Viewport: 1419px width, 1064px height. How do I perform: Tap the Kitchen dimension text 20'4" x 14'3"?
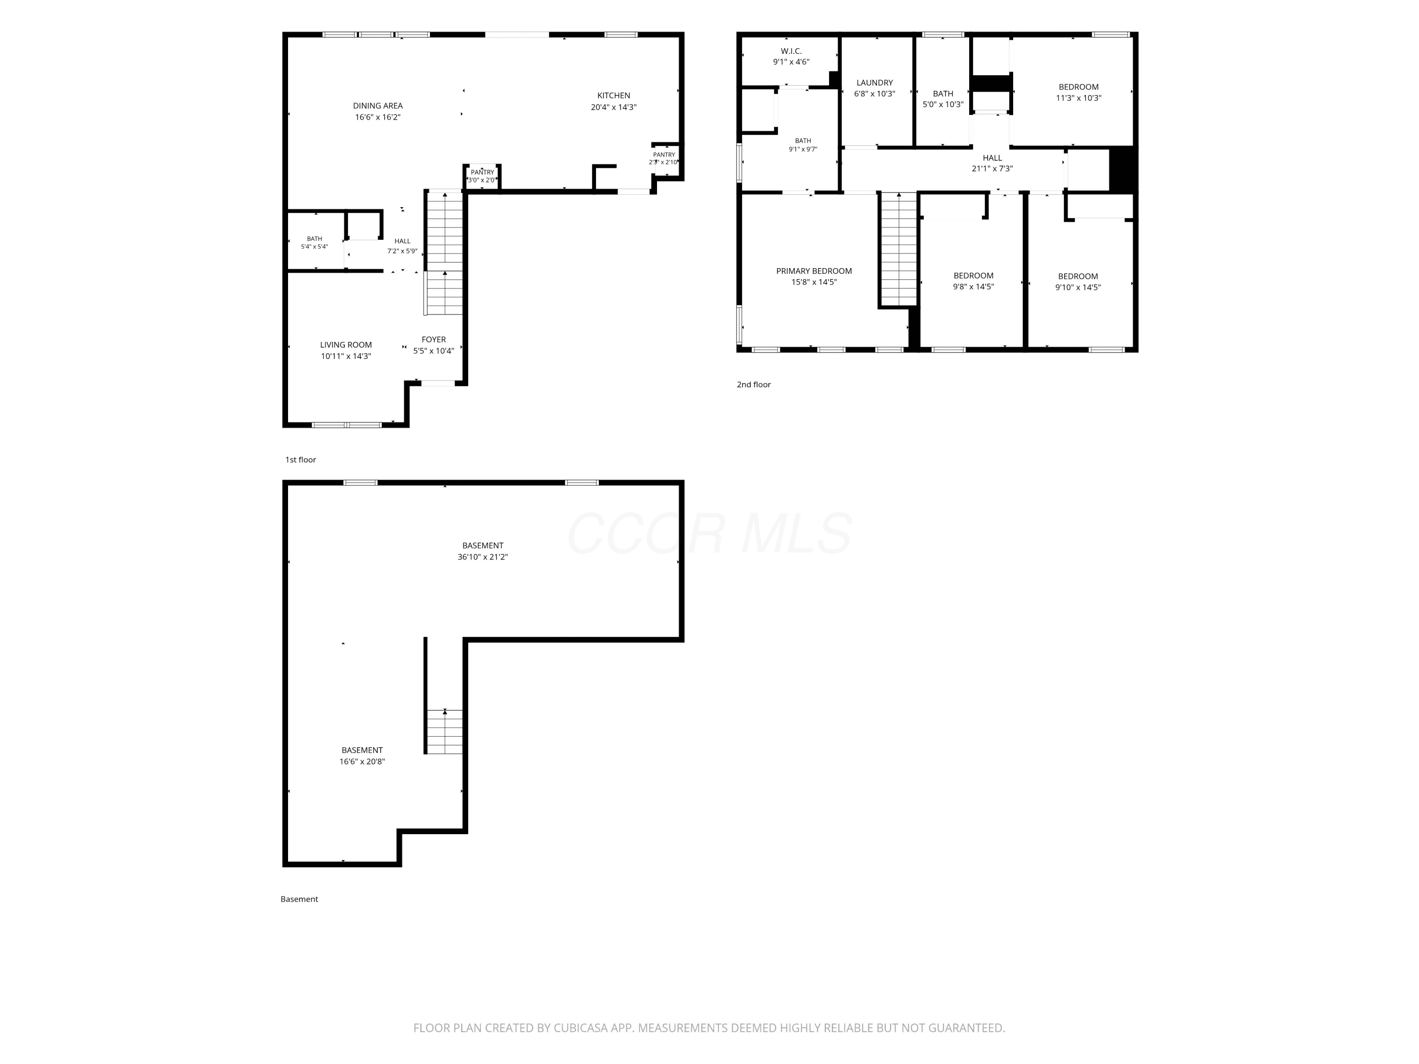[613, 107]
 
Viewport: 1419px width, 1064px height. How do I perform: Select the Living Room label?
[346, 345]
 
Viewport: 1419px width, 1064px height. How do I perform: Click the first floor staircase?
[445, 252]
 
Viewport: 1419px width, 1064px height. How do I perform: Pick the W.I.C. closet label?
[791, 51]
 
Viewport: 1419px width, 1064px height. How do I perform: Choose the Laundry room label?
[875, 83]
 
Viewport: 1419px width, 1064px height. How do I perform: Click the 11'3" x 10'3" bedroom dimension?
[1078, 98]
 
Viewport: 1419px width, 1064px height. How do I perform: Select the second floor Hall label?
[992, 158]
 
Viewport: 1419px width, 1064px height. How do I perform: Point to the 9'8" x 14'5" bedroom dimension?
[973, 287]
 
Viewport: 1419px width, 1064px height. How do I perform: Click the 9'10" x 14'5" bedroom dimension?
[1077, 288]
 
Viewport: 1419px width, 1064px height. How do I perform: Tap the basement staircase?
[445, 731]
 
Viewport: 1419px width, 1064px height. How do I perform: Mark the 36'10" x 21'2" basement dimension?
[482, 557]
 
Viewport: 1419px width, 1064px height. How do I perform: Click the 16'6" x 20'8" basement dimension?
[362, 761]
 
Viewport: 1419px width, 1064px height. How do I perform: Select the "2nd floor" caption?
[754, 385]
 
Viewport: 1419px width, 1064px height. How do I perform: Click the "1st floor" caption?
[301, 460]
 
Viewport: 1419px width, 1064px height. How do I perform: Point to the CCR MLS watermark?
[709, 533]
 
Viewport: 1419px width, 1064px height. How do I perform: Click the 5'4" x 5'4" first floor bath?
[315, 243]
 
